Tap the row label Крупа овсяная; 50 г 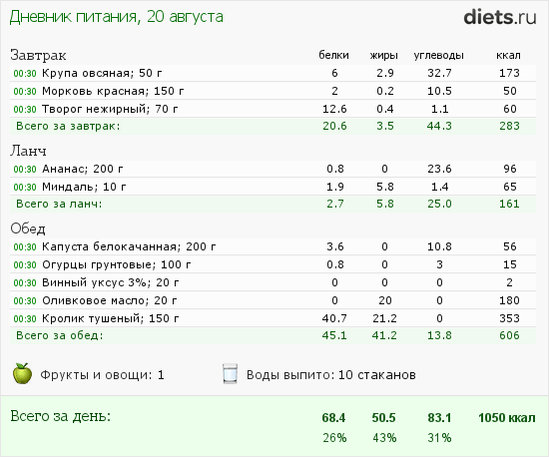coord(93,74)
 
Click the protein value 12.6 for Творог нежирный coord(334,108)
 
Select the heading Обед coord(28,228)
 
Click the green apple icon coord(22,374)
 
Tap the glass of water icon coord(230,374)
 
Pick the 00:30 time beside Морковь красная coord(25,91)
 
